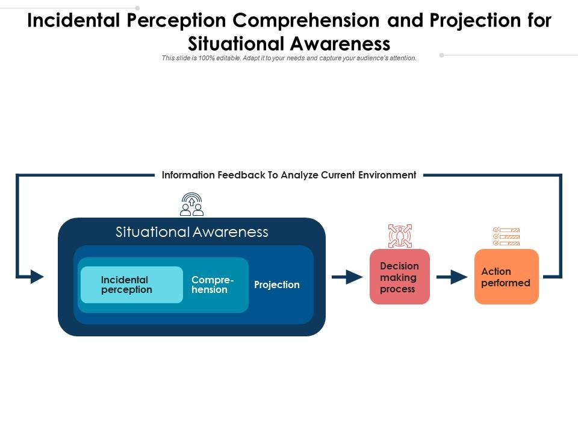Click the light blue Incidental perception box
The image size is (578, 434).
[131, 285]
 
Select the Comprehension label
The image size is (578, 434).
[212, 285]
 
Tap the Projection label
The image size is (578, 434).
[276, 285]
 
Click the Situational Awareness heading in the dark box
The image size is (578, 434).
[191, 232]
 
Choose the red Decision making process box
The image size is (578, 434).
[399, 277]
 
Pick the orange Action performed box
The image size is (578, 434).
[506, 277]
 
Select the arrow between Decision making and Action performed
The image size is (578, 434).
[452, 277]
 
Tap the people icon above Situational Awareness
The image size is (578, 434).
[191, 204]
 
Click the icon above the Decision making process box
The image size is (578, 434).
[400, 236]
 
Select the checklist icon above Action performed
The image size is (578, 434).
[506, 236]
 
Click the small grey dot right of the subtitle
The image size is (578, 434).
[441, 55]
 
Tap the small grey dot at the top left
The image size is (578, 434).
[137, 8]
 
